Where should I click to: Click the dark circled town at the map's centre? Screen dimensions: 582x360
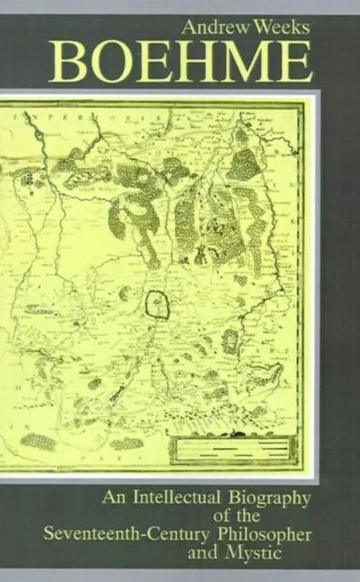coord(158,304)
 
